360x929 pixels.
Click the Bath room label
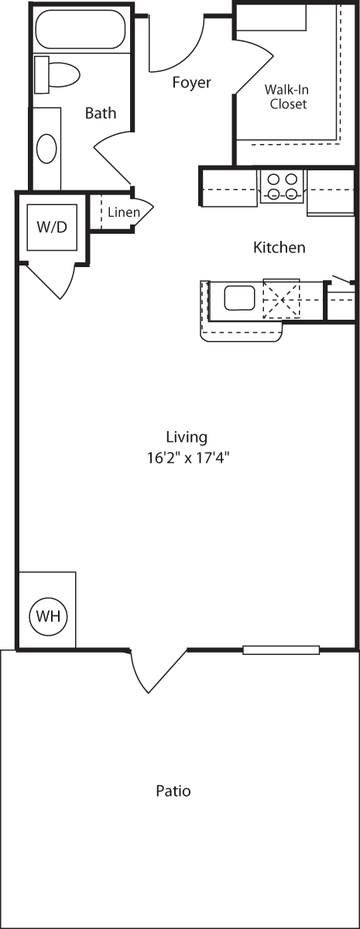pos(101,114)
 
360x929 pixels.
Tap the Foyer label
pos(191,83)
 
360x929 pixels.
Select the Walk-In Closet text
pos(288,96)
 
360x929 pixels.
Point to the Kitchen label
pos(279,248)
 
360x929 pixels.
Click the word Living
pos(187,437)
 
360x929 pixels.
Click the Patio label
pos(173,791)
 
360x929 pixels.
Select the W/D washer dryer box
pos(52,228)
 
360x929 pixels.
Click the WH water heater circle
pos(49,617)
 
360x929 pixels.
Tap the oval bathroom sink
pos(46,148)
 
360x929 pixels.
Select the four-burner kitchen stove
pos(282,187)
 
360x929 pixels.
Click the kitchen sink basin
pos(240,297)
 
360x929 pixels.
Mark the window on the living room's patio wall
pos(281,650)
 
